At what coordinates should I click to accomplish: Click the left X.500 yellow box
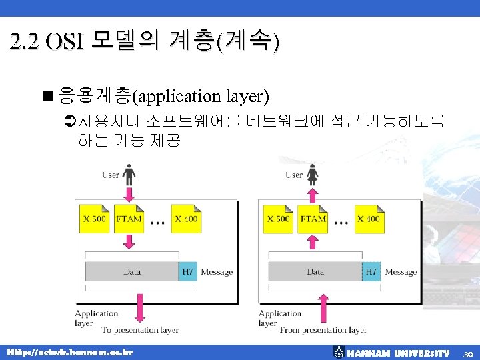pyautogui.click(x=95, y=219)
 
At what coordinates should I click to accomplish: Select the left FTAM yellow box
pyautogui.click(x=129, y=219)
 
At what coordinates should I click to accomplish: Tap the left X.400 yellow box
pyautogui.click(x=186, y=219)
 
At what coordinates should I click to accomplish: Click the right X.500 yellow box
pyautogui.click(x=279, y=219)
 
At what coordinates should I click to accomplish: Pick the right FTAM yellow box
pyautogui.click(x=313, y=219)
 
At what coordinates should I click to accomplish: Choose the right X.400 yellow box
pyautogui.click(x=369, y=219)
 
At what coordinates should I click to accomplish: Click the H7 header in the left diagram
pyautogui.click(x=188, y=271)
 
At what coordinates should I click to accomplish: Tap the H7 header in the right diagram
pyautogui.click(x=371, y=271)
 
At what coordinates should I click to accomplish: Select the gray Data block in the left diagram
pyautogui.click(x=132, y=271)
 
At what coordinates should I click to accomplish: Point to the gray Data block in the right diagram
pyautogui.click(x=315, y=271)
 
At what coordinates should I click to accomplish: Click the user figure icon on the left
pyautogui.click(x=129, y=175)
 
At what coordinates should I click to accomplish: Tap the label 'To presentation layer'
pyautogui.click(x=140, y=330)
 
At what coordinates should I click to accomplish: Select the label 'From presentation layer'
pyautogui.click(x=323, y=330)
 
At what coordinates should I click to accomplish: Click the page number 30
pyautogui.click(x=469, y=353)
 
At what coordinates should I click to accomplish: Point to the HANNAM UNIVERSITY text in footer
pyautogui.click(x=399, y=353)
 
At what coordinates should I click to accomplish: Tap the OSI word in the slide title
pyautogui.click(x=65, y=42)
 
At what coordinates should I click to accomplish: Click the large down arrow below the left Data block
pyautogui.click(x=140, y=307)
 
